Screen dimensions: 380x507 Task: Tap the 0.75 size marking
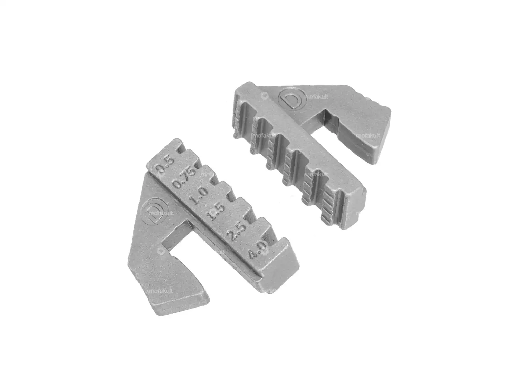pos(184,179)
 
